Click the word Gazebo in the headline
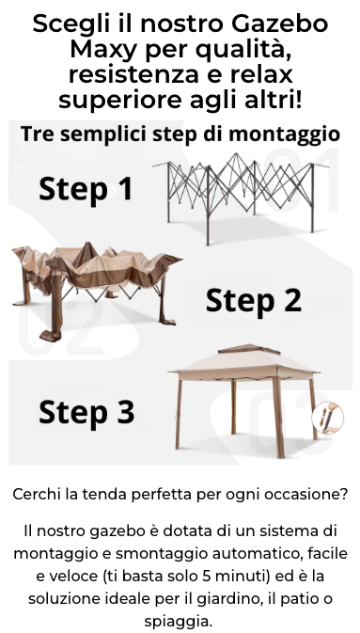coord(279,24)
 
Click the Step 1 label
coord(86,188)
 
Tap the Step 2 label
coord(254,300)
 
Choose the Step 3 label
coord(86,412)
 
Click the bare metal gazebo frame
coord(241,198)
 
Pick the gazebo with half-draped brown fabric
coord(96,291)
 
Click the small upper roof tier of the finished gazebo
coord(248,349)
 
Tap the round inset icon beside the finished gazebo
coord(328,418)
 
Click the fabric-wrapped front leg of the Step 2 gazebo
coord(55,307)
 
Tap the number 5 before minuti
coord(207,576)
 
